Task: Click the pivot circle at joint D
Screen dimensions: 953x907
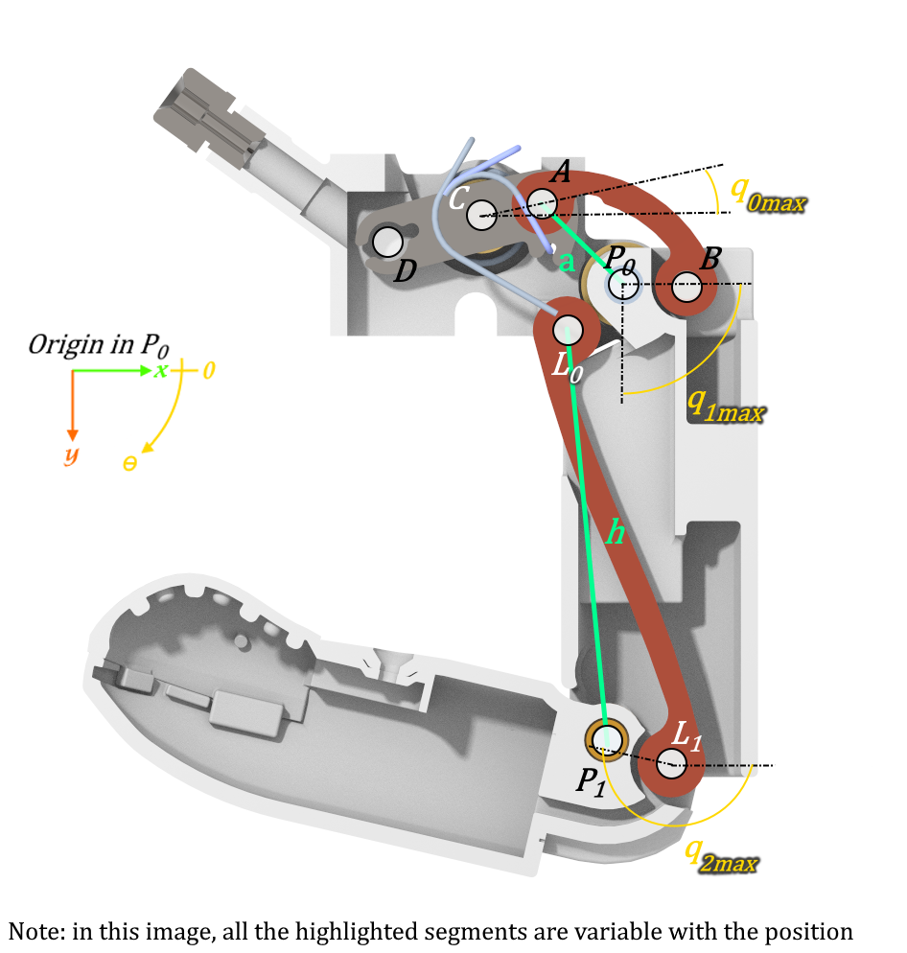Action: [387, 242]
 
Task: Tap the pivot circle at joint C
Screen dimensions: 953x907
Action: [481, 214]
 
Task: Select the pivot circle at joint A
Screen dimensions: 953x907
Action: [542, 202]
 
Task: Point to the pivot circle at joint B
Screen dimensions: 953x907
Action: [687, 285]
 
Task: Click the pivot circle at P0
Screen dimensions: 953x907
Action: [622, 284]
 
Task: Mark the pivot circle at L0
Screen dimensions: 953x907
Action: [568, 330]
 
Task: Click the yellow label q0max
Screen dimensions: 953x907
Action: [767, 193]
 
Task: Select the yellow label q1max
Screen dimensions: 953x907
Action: [725, 407]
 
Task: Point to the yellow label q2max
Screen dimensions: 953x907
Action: [720, 855]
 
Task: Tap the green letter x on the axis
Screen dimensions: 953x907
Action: [161, 370]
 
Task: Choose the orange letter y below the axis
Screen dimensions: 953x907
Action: [72, 454]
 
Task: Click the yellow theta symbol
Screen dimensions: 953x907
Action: [130, 463]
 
